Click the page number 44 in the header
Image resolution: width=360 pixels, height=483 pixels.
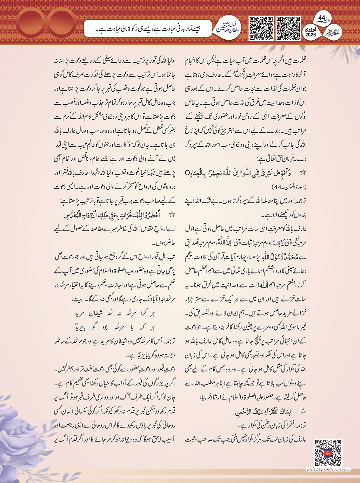tap(322, 17)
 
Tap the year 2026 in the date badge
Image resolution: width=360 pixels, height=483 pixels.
tap(311, 35)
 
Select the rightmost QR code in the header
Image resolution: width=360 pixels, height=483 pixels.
tap(288, 28)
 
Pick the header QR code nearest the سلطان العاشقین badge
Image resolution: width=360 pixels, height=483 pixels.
tap(261, 28)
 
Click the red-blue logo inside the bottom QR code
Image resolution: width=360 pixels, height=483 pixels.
tap(328, 452)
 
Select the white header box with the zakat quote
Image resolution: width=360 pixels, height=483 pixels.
tap(147, 29)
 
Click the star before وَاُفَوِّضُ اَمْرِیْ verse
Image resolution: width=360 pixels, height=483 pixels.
tap(303, 173)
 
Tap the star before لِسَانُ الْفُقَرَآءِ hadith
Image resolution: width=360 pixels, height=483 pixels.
tap(303, 410)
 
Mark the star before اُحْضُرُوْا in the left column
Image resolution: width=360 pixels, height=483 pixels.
tap(172, 214)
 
